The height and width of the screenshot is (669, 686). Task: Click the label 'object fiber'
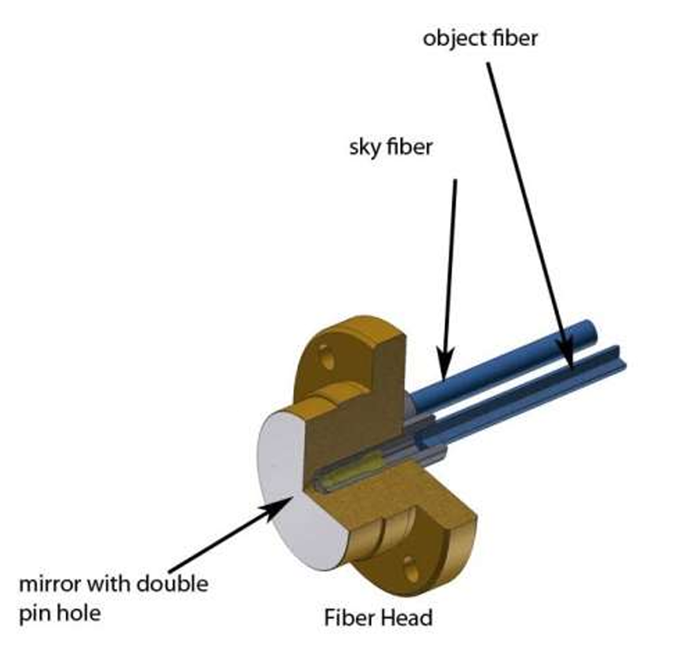480,38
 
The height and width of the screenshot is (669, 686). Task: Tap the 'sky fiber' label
390,146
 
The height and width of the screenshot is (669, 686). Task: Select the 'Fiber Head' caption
378,618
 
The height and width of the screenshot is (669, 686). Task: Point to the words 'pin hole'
60,613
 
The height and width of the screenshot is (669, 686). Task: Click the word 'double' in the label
172,584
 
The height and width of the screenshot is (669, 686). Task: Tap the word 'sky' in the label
364,148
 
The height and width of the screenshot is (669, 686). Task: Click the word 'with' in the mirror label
109,584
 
